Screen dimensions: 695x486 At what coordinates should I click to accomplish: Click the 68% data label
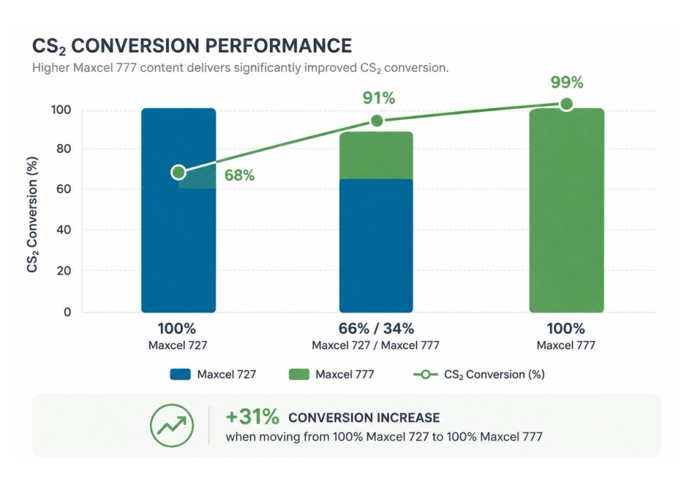(239, 176)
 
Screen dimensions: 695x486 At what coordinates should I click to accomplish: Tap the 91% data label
(379, 98)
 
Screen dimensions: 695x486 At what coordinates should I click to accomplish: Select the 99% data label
(567, 82)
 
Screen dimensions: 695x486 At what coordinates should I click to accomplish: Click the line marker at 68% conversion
(179, 172)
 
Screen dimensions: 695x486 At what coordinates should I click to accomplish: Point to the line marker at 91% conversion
(377, 121)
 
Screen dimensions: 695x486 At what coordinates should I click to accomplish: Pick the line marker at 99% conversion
(566, 104)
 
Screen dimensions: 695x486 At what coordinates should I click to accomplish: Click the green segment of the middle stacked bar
(376, 155)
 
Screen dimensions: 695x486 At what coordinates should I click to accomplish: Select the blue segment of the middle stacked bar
(376, 246)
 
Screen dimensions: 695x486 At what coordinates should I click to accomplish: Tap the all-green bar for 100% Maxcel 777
(566, 210)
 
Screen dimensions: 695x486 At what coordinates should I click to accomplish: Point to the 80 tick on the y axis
(64, 149)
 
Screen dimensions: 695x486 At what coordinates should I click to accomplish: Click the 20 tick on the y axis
(64, 271)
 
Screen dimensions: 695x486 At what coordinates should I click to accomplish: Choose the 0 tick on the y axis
(67, 313)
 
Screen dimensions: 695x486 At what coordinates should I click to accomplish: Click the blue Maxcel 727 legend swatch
(181, 374)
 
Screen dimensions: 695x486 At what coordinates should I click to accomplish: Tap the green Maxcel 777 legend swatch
(298, 374)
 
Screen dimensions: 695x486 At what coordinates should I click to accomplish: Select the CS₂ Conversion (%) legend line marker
(425, 375)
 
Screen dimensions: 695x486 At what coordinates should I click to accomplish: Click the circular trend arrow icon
(171, 425)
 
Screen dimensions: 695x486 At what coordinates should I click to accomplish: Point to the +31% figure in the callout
(252, 416)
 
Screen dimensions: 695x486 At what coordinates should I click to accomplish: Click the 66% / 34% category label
(376, 329)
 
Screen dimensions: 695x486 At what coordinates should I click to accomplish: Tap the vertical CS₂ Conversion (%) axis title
(32, 214)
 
